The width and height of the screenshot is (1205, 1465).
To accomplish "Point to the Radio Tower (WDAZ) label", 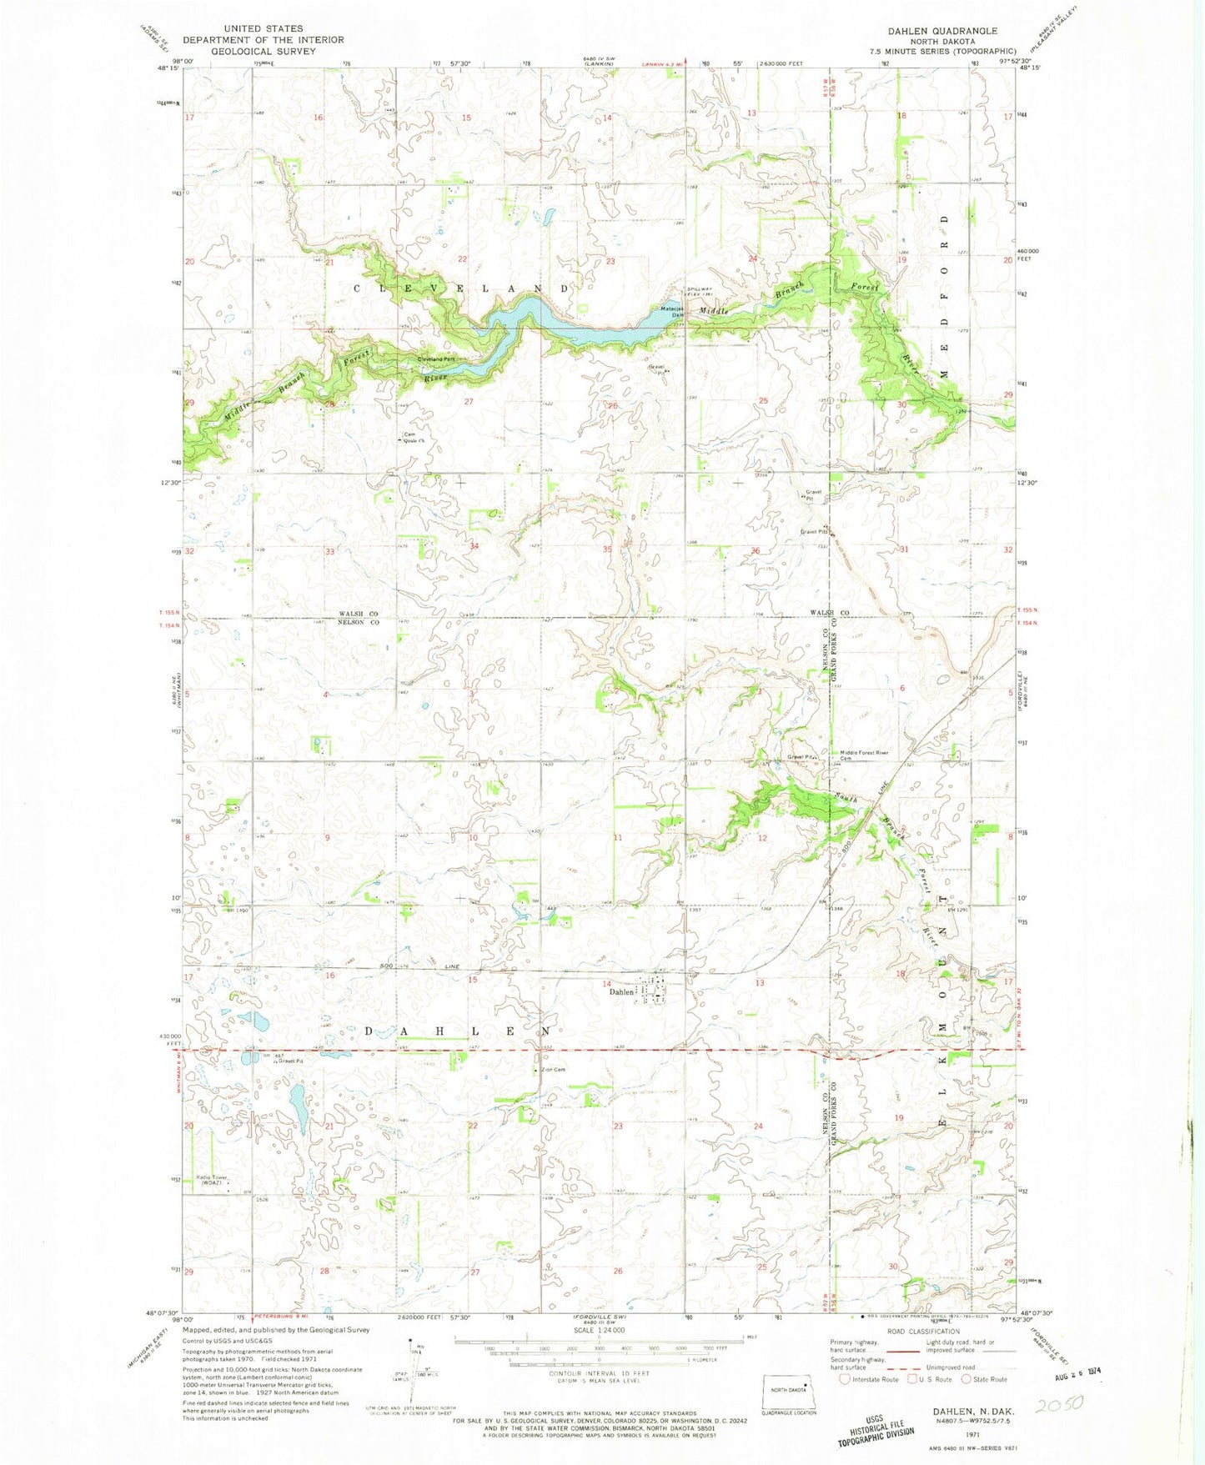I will click(212, 1180).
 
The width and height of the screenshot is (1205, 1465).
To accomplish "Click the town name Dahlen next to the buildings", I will click(621, 992).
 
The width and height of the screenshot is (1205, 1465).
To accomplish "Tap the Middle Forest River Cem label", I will click(864, 755).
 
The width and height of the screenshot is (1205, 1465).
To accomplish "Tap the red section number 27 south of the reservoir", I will click(469, 401).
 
